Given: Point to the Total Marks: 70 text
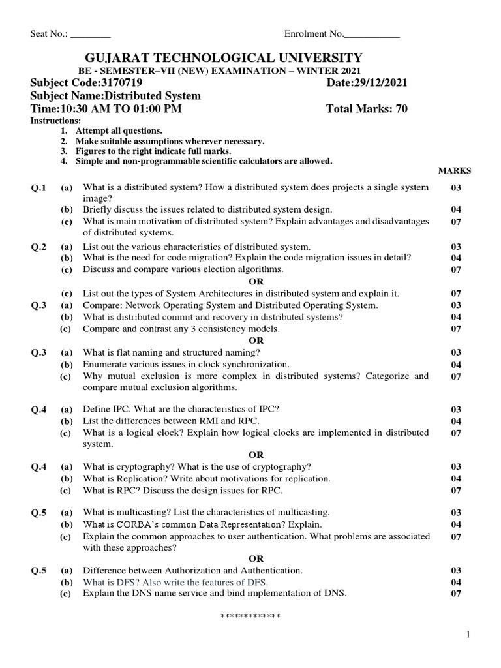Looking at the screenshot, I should pos(366,109).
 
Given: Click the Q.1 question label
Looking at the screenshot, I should pos(40,188).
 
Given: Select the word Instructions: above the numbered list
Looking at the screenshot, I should pos(56,121).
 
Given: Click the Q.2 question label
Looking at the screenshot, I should pos(40,247).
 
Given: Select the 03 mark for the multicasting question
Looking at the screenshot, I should pos(456,512).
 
